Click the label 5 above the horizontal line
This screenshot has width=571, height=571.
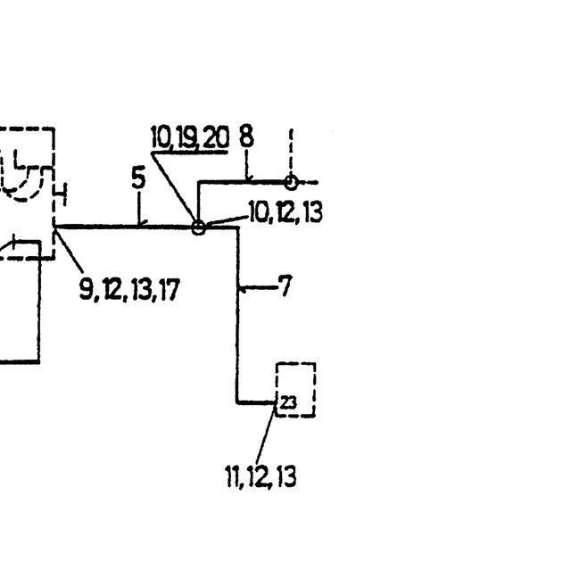pos(138,178)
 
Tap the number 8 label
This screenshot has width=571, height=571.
pos(246,137)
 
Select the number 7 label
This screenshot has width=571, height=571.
pos(285,285)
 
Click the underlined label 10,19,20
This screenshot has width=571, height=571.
pos(190,137)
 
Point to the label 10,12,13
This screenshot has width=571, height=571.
pos(285,212)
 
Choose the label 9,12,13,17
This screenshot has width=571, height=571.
pos(129,289)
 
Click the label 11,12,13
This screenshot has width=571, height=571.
pos(261,476)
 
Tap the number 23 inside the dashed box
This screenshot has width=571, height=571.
pos(289,402)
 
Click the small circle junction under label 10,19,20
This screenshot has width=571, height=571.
pos(198,228)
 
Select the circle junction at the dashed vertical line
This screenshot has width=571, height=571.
pos(291,182)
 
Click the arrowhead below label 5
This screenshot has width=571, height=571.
pos(141,223)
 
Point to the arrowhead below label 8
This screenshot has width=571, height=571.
pos(248,178)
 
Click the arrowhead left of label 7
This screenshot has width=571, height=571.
pos(243,288)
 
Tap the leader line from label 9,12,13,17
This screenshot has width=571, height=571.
pos(69,250)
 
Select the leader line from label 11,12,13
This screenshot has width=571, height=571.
pos(266,434)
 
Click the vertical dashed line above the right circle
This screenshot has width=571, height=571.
pos(291,153)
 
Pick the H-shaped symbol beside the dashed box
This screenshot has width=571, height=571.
pos(60,195)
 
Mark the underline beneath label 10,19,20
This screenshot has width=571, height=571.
pos(190,152)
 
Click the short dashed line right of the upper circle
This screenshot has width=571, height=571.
pos(308,182)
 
